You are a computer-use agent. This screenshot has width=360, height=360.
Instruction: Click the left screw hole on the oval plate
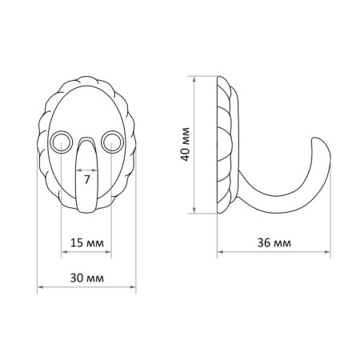click(x=62, y=142)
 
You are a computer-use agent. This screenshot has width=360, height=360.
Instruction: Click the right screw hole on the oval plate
click(x=112, y=142)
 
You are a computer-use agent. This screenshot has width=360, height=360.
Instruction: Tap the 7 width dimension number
click(x=86, y=180)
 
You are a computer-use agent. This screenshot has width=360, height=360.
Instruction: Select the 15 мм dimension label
click(x=87, y=243)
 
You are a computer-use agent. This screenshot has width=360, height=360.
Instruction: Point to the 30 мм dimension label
click(x=87, y=278)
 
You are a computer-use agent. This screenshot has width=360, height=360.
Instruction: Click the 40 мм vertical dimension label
click(x=185, y=144)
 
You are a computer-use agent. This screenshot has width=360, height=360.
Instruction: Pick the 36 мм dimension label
click(x=274, y=243)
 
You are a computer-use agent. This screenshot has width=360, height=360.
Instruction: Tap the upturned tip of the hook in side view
click(x=316, y=138)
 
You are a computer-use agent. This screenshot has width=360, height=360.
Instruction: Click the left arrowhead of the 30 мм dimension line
click(x=40, y=287)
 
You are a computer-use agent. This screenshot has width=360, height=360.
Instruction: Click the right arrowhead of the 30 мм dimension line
click(x=133, y=287)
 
